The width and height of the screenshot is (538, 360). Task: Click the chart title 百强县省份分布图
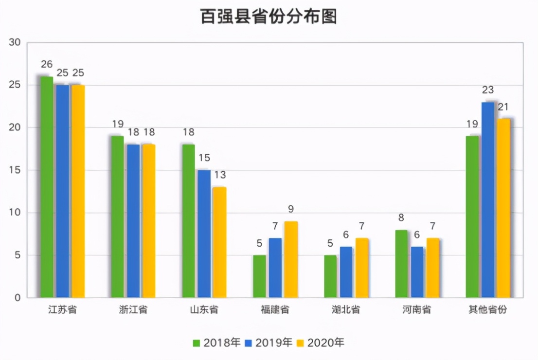(x=269, y=17)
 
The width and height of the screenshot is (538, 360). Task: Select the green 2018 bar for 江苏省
(x=47, y=187)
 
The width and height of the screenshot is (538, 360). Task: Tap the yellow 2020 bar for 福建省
(x=290, y=259)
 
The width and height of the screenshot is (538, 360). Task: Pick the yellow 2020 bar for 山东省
(x=219, y=242)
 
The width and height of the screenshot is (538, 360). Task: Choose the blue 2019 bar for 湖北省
(x=346, y=272)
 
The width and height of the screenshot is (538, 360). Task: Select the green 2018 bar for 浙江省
(x=117, y=216)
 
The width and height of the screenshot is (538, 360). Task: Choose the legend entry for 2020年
(x=320, y=342)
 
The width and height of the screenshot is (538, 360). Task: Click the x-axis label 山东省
(x=204, y=310)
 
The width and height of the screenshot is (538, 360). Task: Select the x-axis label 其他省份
(x=488, y=310)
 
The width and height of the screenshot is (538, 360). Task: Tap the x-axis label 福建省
(x=275, y=310)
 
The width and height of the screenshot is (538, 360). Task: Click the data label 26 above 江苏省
(x=47, y=65)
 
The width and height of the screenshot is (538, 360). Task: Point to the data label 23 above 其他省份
(x=488, y=90)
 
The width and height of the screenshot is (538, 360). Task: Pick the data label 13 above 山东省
(x=220, y=175)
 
